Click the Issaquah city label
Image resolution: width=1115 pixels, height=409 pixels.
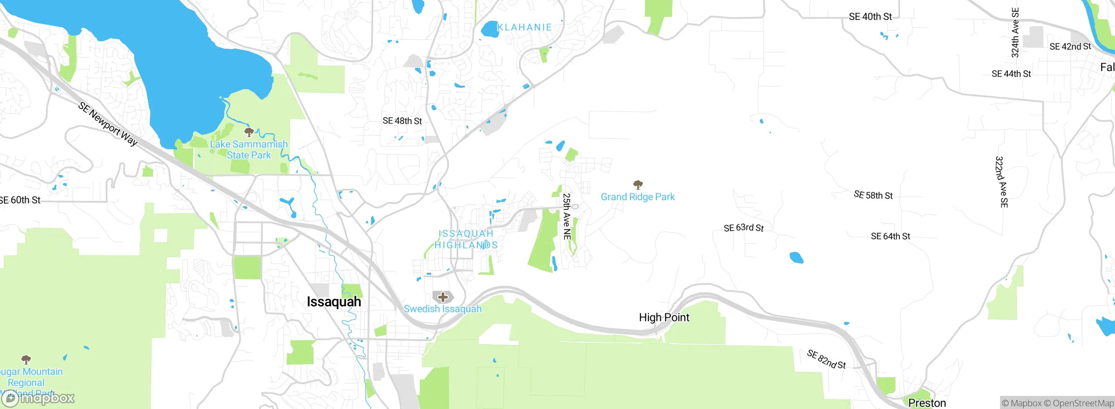[x=334, y=302]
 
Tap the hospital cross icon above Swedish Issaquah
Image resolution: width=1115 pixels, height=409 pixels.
[x=443, y=297]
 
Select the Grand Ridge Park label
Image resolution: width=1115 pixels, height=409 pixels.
[x=638, y=197]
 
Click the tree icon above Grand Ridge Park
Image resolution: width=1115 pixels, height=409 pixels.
[x=638, y=185]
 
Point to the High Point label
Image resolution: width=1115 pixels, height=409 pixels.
[x=664, y=317]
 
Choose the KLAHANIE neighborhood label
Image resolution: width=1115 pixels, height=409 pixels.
[x=524, y=27]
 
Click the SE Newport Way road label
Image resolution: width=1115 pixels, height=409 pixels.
[x=108, y=124]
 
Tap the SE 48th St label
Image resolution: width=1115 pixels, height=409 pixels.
[x=402, y=121]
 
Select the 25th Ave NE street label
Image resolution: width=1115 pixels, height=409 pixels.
[x=567, y=216]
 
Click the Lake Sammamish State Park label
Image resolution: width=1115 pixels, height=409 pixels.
[x=249, y=149]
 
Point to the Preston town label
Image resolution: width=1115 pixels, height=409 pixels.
[x=927, y=403]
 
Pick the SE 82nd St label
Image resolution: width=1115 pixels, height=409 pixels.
[x=826, y=359]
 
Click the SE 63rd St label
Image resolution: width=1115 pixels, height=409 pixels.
[x=743, y=228]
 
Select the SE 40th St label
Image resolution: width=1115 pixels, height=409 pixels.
[x=870, y=17]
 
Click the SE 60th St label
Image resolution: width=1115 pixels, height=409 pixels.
[x=20, y=200]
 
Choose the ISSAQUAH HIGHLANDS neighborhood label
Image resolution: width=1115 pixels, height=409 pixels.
[x=466, y=239]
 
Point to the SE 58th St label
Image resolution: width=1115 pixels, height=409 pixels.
[x=873, y=195]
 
